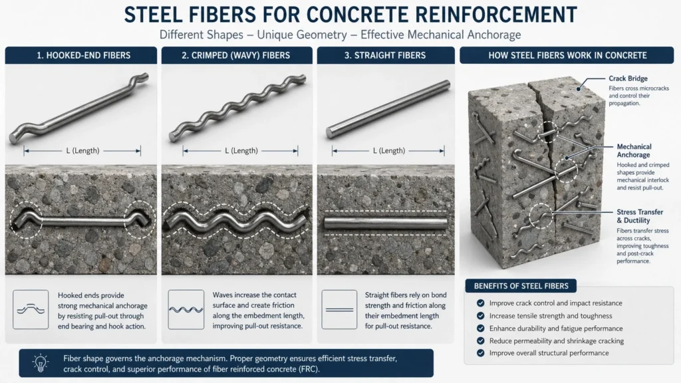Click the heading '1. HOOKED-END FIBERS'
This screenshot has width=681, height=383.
(80, 55)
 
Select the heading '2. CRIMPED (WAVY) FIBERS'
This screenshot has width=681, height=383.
(237, 55)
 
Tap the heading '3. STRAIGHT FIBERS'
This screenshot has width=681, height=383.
(384, 55)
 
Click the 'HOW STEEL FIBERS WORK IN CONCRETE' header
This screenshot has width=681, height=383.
(567, 55)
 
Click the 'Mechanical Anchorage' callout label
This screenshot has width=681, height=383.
(634, 150)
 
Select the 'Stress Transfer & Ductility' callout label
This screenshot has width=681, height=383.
(640, 216)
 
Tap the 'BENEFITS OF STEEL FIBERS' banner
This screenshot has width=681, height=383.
(521, 286)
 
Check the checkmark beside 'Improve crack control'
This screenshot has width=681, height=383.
(480, 303)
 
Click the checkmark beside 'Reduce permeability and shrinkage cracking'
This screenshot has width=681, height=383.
(480, 341)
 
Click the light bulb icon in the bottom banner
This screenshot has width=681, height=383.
(40, 362)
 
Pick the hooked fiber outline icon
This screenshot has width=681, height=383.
(31, 309)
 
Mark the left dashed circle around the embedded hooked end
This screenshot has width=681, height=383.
(25, 219)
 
